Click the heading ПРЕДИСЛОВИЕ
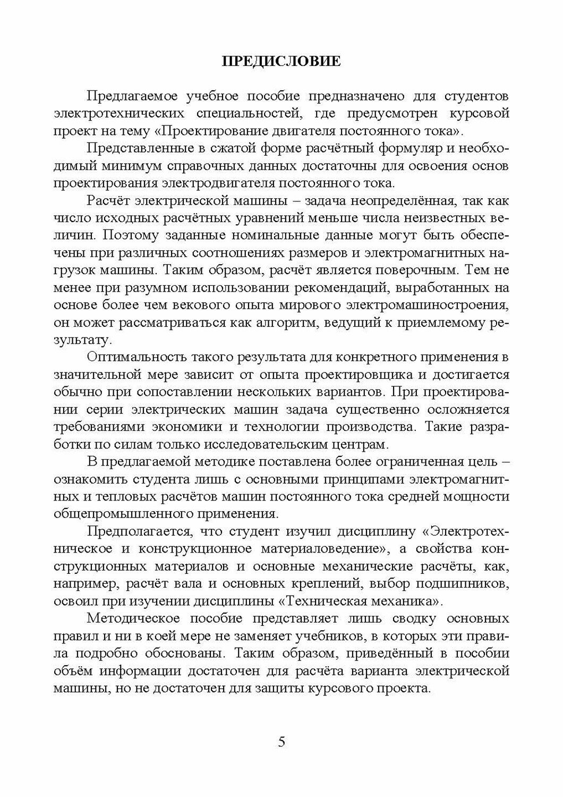281,62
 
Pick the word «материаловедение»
329,548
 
